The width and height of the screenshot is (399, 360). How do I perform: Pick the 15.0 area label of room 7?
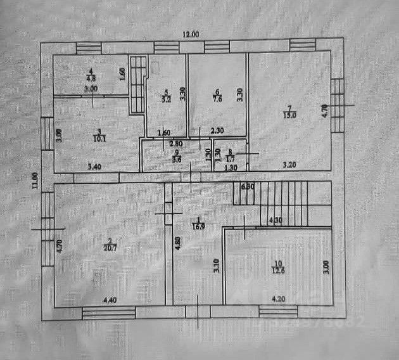click(288, 114)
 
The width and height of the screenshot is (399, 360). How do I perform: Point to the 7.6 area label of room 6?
click(217, 98)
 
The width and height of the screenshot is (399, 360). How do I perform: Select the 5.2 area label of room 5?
click(166, 99)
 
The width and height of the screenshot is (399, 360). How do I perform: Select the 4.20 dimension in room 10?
click(279, 299)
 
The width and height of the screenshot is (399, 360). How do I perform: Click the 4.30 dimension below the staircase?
click(275, 220)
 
